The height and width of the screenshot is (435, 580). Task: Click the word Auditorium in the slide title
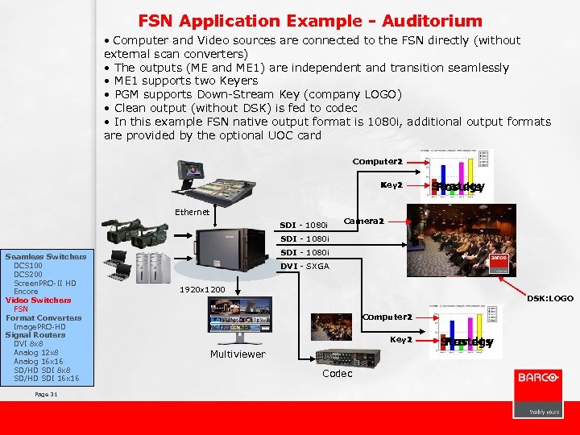pos(434,21)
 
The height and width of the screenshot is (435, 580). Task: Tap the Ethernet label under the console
pos(193,212)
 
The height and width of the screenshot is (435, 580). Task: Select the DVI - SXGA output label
pos(304,266)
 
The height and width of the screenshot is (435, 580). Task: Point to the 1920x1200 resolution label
pos(202,288)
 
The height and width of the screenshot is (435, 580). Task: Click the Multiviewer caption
pos(238,354)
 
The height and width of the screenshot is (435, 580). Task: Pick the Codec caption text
pos(337,373)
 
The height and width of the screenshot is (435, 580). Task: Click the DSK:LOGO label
pos(550,298)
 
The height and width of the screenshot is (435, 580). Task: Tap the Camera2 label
pos(363,221)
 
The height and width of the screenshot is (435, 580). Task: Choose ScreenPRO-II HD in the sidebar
pos(45,283)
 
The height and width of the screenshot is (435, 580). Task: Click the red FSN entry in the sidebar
pos(21,309)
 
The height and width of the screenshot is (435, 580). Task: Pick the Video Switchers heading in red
pos(38,300)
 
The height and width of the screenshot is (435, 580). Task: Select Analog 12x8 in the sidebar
pos(36,352)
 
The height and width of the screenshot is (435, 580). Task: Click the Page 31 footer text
pos(47,394)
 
